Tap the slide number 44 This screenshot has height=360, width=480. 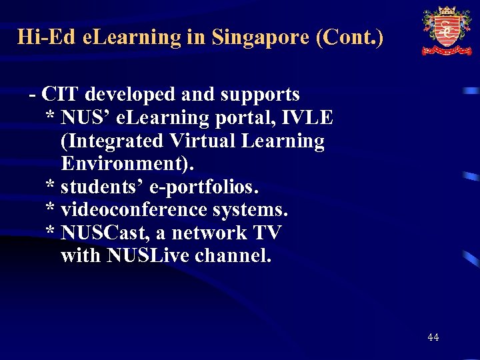pos(433,337)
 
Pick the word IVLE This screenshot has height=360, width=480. pos(308,118)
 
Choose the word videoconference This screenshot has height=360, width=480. pos(134,210)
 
